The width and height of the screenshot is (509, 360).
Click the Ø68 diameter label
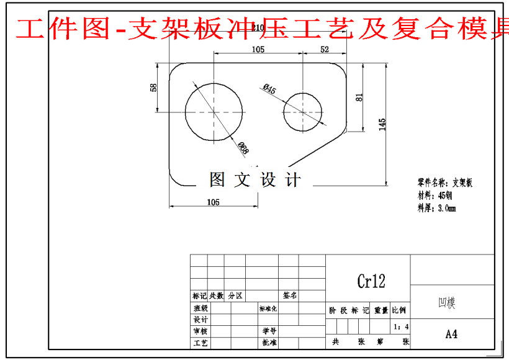pyautogui.click(x=243, y=148)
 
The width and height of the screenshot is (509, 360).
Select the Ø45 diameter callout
pyautogui.click(x=269, y=89)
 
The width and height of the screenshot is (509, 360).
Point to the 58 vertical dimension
pyautogui.click(x=154, y=87)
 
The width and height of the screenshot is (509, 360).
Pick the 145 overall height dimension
pyautogui.click(x=382, y=124)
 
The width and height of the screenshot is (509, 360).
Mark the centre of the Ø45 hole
pyautogui.click(x=303, y=112)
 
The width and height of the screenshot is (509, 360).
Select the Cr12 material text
pyautogui.click(x=371, y=281)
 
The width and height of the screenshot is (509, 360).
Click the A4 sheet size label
pyautogui.click(x=451, y=334)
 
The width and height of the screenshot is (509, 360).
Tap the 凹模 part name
pyautogui.click(x=447, y=304)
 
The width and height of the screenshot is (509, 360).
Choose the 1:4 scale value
pyautogui.click(x=401, y=326)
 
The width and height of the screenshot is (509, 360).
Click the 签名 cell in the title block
pyautogui.click(x=291, y=295)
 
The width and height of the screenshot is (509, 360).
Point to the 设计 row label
pyautogui.click(x=200, y=319)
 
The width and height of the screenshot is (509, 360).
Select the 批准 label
pyautogui.click(x=269, y=342)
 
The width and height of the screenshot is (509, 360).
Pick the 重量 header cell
pyautogui.click(x=381, y=310)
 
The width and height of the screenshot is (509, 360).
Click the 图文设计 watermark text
pyautogui.click(x=255, y=180)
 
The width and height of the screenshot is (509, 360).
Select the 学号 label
pyautogui.click(x=269, y=331)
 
